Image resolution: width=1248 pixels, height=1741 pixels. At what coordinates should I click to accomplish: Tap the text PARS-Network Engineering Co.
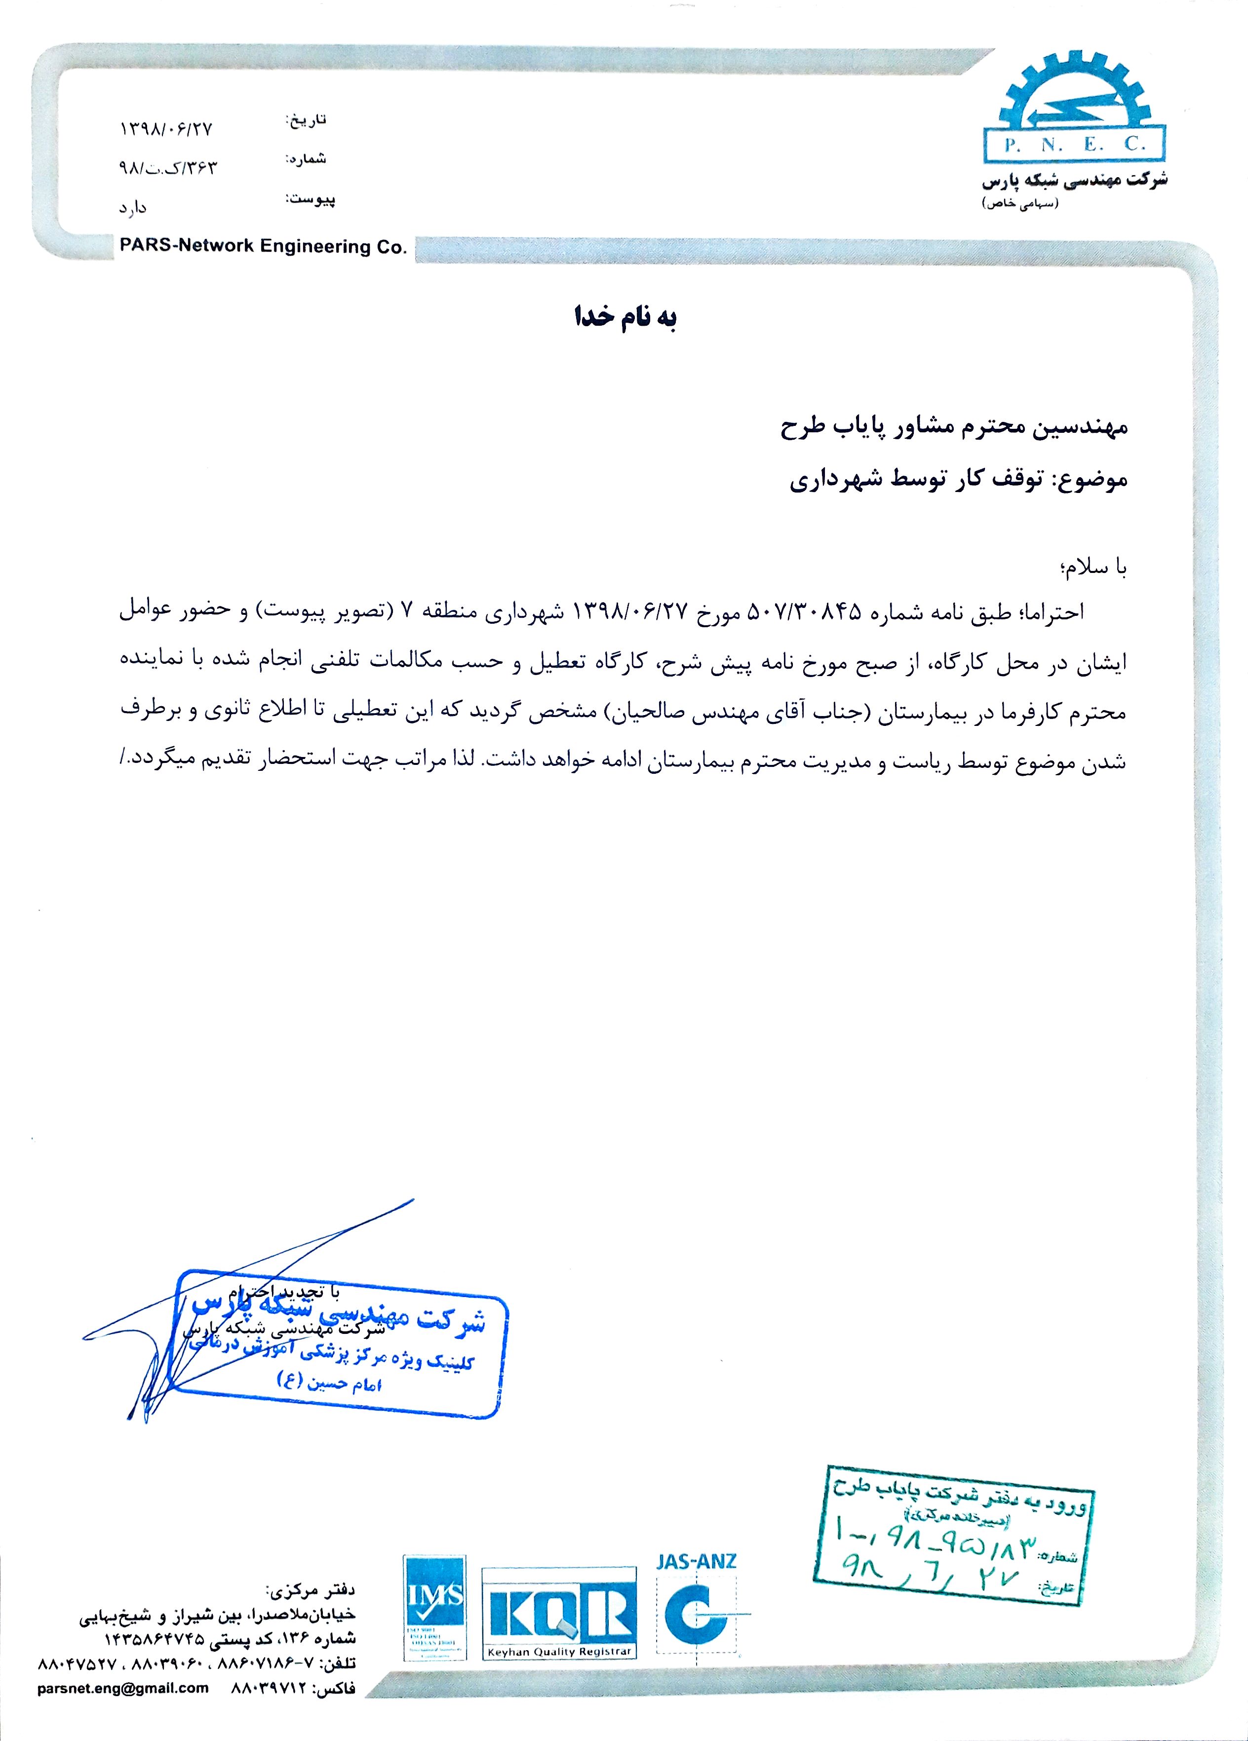[x=263, y=246]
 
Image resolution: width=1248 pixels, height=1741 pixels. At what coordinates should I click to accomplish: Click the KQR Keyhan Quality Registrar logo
[x=559, y=1613]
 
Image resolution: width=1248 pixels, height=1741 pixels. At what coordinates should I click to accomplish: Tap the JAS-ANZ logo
[x=697, y=1607]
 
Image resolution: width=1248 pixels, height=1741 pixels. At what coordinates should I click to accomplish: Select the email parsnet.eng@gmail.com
[x=123, y=1709]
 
